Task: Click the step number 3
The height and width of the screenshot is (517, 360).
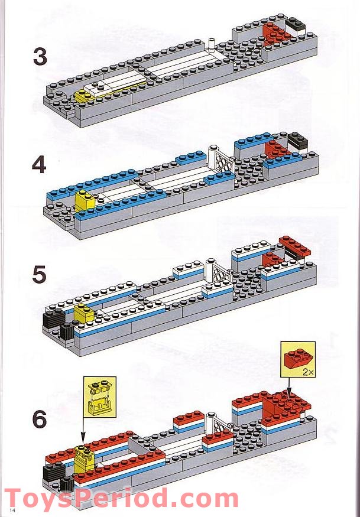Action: pyautogui.click(x=40, y=57)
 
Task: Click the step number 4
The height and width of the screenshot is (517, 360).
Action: pyautogui.click(x=39, y=165)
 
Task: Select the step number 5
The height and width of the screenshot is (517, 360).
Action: pyautogui.click(x=39, y=275)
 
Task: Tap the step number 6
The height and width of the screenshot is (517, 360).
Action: pyautogui.click(x=39, y=420)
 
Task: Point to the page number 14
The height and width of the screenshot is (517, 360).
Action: pyautogui.click(x=11, y=509)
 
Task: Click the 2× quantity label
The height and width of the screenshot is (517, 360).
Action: pyautogui.click(x=306, y=373)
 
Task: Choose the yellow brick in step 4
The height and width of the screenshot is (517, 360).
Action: pyautogui.click(x=82, y=202)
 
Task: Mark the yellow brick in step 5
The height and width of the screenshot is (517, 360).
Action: pyautogui.click(x=83, y=313)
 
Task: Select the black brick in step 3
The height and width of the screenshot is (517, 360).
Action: pyautogui.click(x=294, y=25)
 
